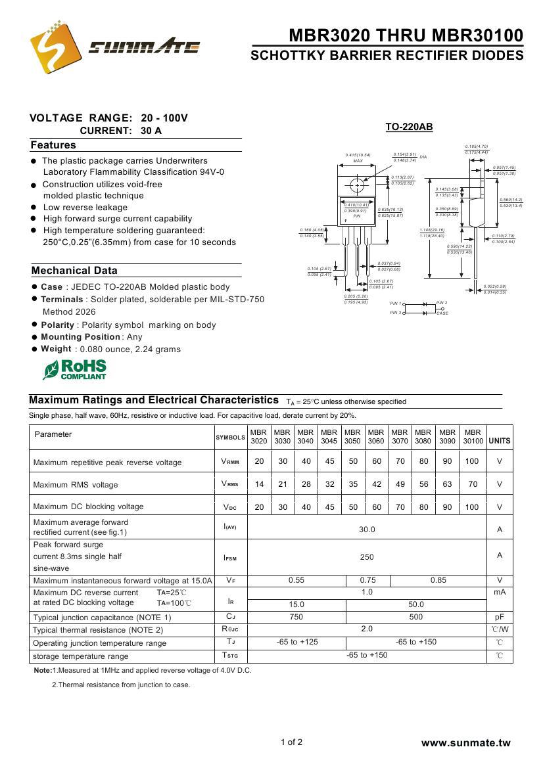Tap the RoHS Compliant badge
(x=74, y=369)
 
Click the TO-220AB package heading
(x=409, y=127)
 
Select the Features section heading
(x=53, y=145)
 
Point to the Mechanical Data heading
(x=74, y=271)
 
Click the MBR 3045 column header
(x=329, y=437)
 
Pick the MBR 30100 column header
(x=473, y=437)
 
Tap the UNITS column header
(x=500, y=441)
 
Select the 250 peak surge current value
(x=367, y=557)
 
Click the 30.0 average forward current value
(x=367, y=529)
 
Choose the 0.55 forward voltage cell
(x=296, y=580)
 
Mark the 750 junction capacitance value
(x=296, y=617)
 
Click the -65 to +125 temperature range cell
(x=296, y=642)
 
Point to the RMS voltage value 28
(x=306, y=485)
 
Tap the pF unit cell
(x=500, y=617)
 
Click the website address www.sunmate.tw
(x=465, y=743)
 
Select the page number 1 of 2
(x=291, y=742)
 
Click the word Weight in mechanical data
(x=56, y=349)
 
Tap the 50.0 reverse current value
(x=416, y=604)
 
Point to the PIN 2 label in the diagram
(x=442, y=303)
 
